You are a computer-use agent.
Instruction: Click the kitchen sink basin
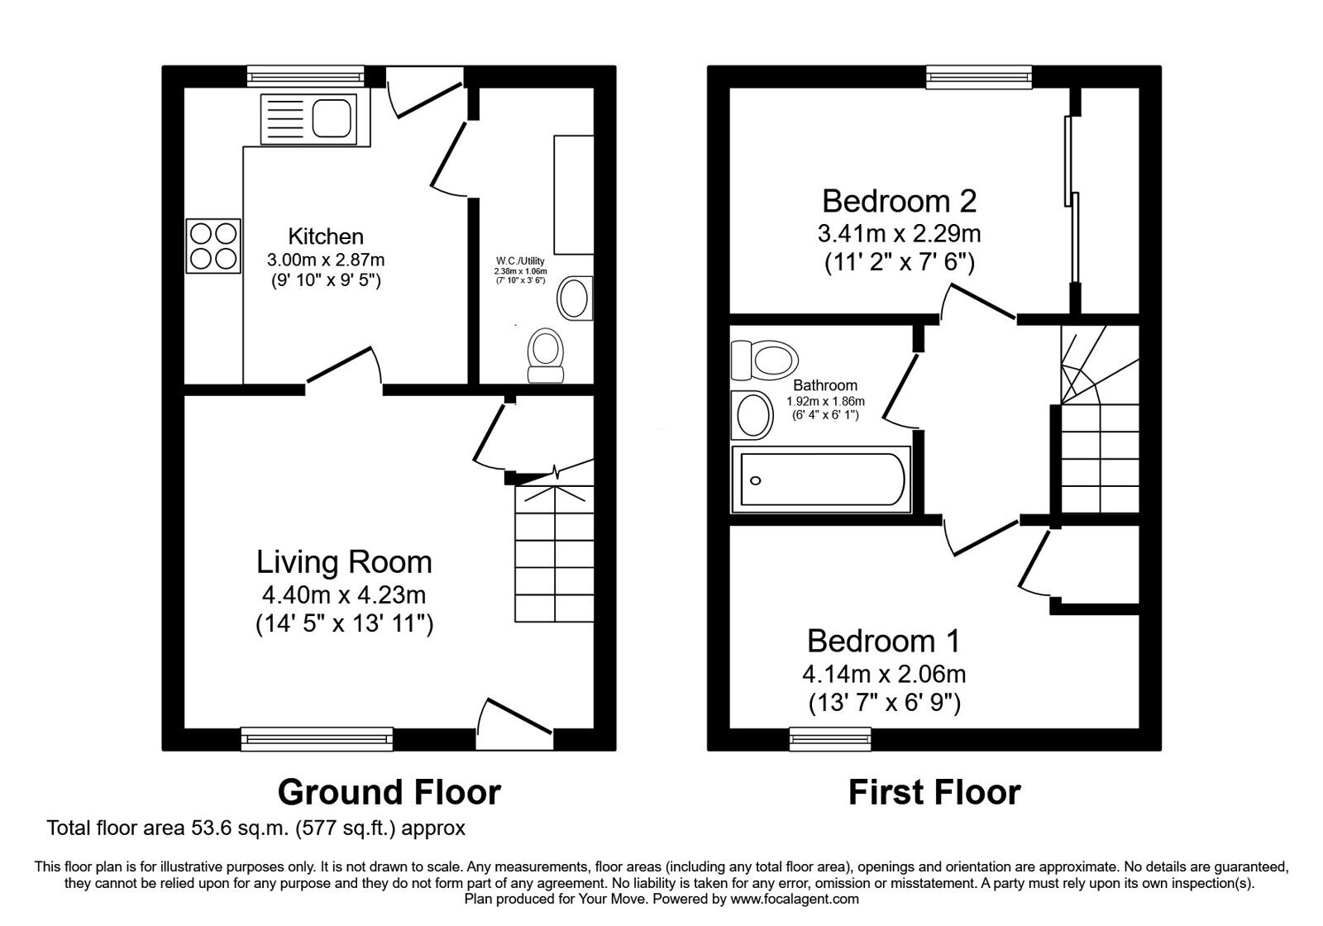pos(332,118)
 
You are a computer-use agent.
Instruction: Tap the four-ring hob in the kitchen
pos(213,246)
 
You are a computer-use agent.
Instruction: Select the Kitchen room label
pos(326,236)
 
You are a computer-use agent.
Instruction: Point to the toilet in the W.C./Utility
pos(545,356)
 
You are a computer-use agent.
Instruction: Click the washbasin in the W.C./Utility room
pos(575,298)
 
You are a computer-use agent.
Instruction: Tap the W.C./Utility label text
pos(520,260)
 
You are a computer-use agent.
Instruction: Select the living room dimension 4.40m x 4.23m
pos(344,594)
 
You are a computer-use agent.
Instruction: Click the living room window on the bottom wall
pos(318,739)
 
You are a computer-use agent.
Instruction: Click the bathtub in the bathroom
pos(821,479)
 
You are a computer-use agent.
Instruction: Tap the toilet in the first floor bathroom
pos(764,360)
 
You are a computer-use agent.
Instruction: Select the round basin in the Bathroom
pos(752,415)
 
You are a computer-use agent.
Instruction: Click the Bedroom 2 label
pos(899,202)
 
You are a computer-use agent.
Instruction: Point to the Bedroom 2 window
pos(979,78)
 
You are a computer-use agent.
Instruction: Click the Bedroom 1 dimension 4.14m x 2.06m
pos(884,674)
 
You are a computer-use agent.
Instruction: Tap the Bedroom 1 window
pos(830,739)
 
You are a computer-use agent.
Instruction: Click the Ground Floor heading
pos(389,793)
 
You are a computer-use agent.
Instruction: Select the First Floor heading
pos(934,793)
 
